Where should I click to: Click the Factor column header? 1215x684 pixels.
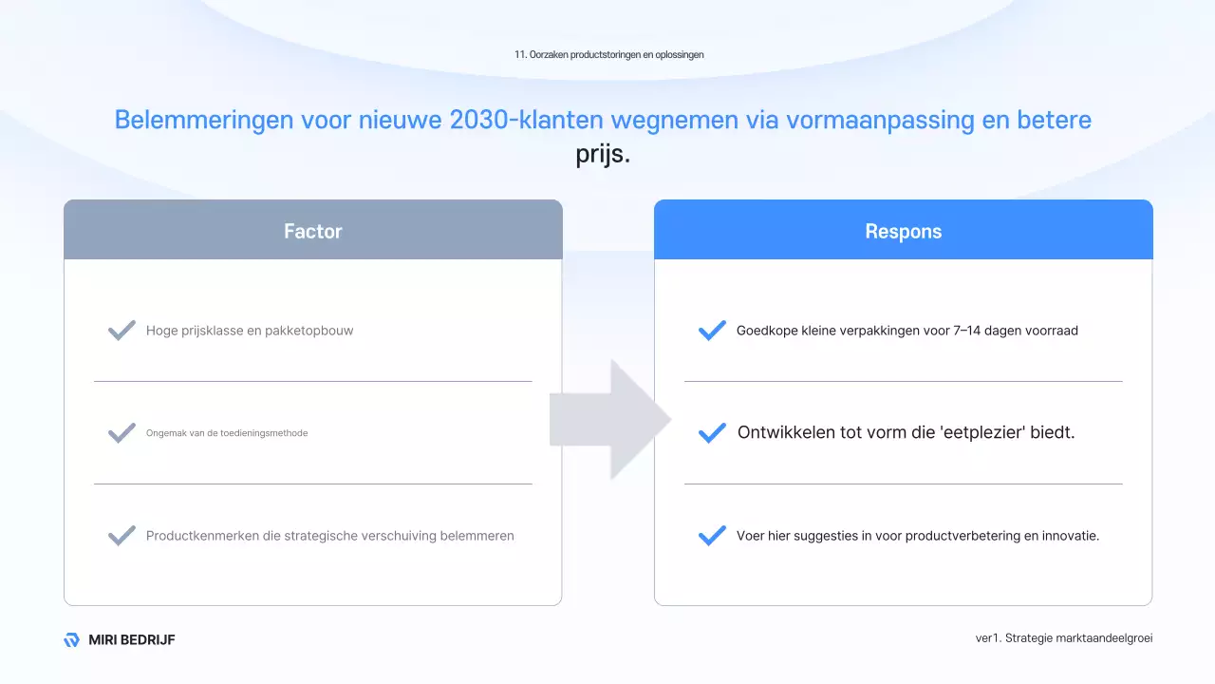coord(312,231)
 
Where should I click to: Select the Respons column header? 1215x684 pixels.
coord(903,231)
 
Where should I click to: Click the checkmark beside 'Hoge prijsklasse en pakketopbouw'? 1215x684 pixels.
coord(121,331)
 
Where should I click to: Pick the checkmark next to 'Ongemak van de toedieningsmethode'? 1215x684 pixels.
coord(121,433)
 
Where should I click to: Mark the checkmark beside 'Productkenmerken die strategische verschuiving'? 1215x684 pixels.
coord(121,536)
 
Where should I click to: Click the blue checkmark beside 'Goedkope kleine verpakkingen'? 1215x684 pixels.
coord(712,331)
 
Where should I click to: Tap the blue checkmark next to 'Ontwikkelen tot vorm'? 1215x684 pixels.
coord(712,433)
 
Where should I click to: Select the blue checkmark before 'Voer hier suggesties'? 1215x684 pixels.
coord(712,536)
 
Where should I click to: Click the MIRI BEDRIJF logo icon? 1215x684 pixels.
coord(71,640)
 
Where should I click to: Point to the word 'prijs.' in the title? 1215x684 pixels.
coord(603,154)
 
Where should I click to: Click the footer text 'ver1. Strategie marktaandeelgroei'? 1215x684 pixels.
coord(1064,638)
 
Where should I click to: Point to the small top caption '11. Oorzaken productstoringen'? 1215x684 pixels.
coord(608,55)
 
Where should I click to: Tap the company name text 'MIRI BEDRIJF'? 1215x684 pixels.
coord(132,640)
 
